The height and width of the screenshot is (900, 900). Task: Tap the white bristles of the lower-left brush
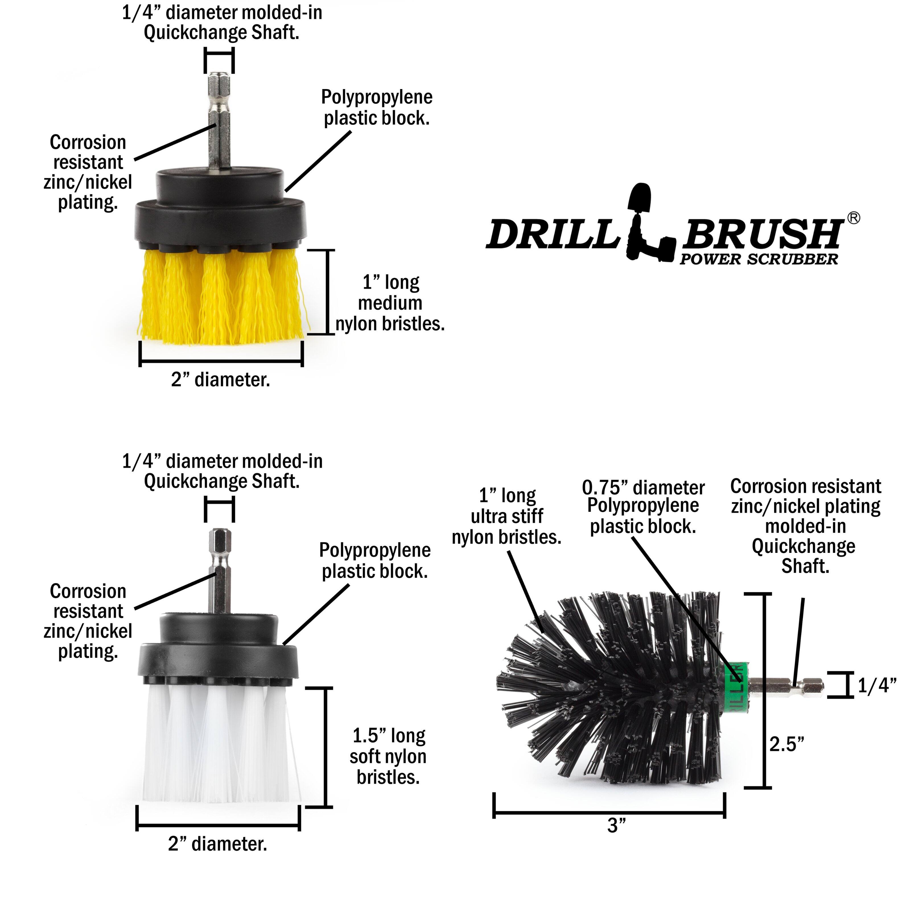[x=219, y=745]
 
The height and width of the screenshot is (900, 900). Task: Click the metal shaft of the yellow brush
[x=219, y=126]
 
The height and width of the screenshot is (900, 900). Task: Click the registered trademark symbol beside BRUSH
[x=853, y=218]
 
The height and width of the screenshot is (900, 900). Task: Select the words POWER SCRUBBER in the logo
[x=758, y=260]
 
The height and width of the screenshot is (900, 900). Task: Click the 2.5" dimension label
[x=786, y=744]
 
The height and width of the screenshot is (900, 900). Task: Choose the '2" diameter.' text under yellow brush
[x=220, y=380]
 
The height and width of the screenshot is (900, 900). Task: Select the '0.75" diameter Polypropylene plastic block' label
[x=643, y=507]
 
